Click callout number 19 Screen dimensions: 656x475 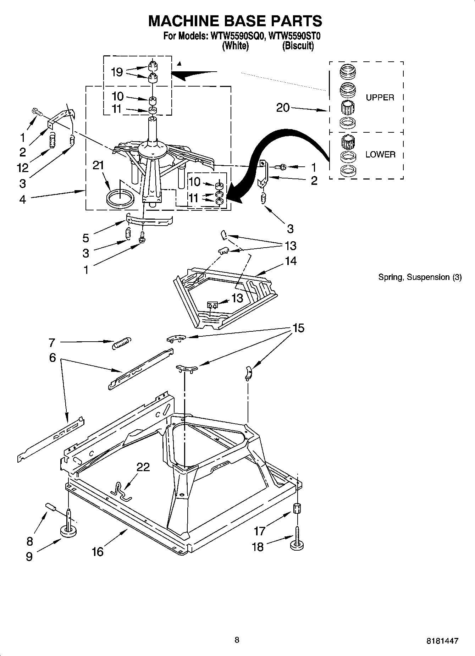(117, 72)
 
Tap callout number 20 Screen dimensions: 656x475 (283, 108)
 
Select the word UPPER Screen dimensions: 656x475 (380, 98)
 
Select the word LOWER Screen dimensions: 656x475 (380, 154)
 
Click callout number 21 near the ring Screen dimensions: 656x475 (98, 165)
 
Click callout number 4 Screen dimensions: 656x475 (22, 199)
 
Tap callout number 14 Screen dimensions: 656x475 (291, 261)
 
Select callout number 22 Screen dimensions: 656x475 (143, 467)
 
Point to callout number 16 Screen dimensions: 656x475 (97, 551)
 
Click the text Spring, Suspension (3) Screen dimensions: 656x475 (420, 277)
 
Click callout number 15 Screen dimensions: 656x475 (298, 328)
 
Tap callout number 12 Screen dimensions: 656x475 (22, 167)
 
